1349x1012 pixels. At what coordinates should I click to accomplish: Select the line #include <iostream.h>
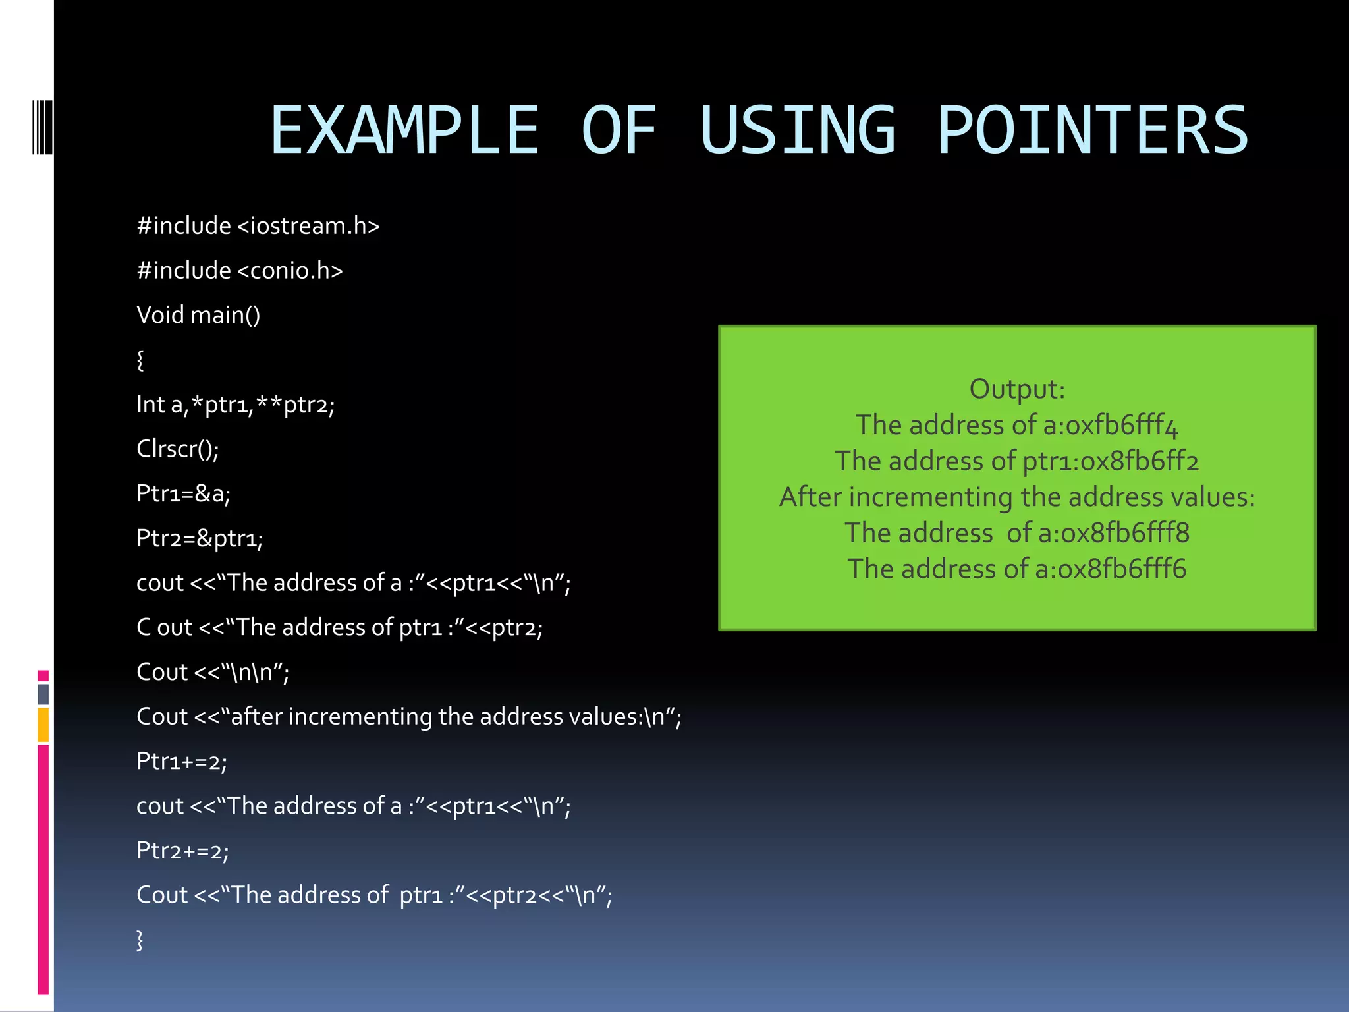tap(258, 226)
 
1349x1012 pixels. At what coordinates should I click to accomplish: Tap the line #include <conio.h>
tap(239, 271)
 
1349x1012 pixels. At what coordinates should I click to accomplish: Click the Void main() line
tap(198, 315)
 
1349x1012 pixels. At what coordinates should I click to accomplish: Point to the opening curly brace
tap(140, 360)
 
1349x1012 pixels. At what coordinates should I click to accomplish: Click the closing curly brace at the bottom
tap(140, 940)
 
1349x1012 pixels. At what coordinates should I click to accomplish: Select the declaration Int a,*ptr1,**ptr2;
tap(235, 405)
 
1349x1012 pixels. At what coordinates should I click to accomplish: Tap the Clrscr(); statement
tap(177, 449)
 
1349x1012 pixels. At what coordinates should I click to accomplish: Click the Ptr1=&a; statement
tap(183, 493)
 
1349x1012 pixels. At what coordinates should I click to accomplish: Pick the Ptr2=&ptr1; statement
tap(200, 538)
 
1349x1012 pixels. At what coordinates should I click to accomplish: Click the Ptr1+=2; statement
tap(181, 761)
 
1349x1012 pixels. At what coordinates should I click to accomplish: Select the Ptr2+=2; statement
tap(182, 851)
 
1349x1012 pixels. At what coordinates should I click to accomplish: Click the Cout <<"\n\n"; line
tap(212, 672)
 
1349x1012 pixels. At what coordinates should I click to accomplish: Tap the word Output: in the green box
tap(1016, 389)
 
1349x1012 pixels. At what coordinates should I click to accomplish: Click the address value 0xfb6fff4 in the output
tap(1122, 426)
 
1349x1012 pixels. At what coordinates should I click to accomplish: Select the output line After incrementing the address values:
tap(1016, 497)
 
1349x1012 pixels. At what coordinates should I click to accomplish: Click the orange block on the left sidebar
tap(43, 725)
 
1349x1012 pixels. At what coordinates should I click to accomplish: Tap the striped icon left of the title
tap(43, 127)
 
